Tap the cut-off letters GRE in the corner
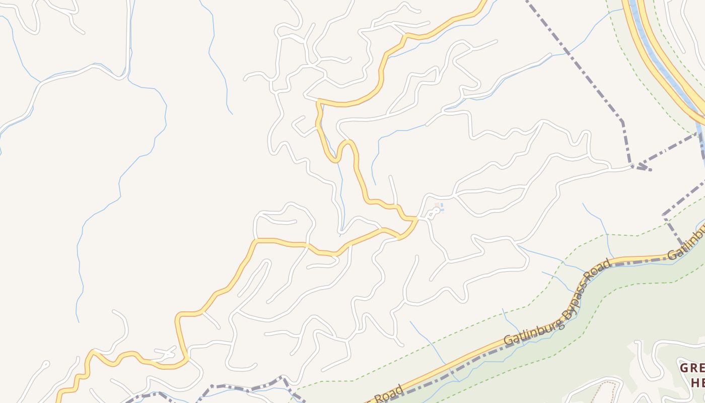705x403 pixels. click(x=692, y=368)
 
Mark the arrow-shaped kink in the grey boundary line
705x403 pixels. click(x=641, y=166)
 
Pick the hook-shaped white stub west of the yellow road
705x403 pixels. click(x=298, y=123)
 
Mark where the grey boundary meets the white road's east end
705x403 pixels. click(x=632, y=166)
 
